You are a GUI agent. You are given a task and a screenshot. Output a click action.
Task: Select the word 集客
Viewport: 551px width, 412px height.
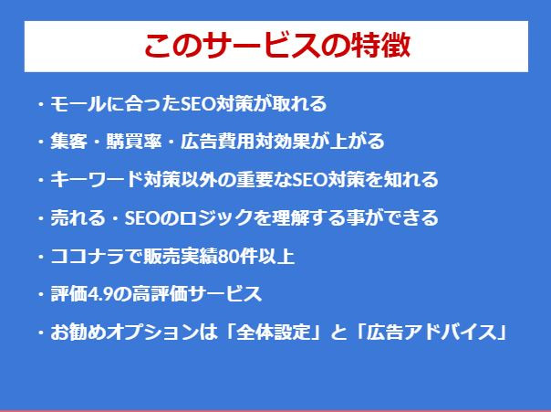click(x=69, y=142)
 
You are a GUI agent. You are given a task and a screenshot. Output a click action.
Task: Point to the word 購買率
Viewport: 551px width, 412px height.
click(x=134, y=142)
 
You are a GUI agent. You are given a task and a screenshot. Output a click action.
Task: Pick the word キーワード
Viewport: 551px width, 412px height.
click(x=97, y=179)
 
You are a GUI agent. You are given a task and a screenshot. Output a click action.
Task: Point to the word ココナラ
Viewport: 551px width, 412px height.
click(x=88, y=256)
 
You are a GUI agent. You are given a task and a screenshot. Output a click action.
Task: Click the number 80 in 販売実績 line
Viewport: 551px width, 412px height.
click(x=227, y=257)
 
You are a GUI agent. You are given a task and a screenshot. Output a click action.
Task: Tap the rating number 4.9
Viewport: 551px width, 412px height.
click(x=100, y=294)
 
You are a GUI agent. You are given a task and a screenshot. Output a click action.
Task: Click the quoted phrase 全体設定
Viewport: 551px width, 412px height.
click(x=273, y=333)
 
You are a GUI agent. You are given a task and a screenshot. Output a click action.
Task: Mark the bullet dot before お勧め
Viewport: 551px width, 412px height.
click(x=41, y=333)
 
